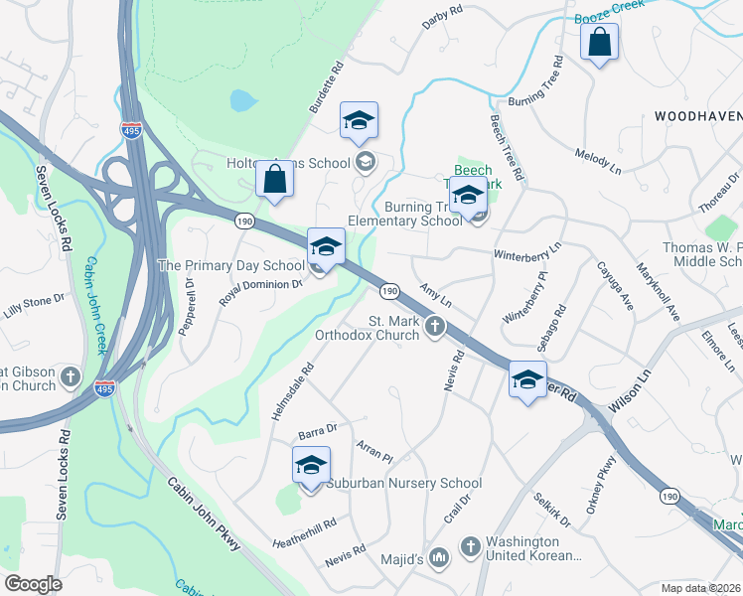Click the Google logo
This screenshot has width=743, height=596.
pyautogui.click(x=33, y=584)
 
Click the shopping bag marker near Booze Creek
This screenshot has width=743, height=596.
pyautogui.click(x=599, y=43)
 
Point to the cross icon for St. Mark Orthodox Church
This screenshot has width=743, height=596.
pyautogui.click(x=434, y=326)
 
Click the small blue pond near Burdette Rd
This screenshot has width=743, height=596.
pyautogui.click(x=241, y=100)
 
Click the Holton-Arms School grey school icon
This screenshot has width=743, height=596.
pyautogui.click(x=365, y=163)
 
